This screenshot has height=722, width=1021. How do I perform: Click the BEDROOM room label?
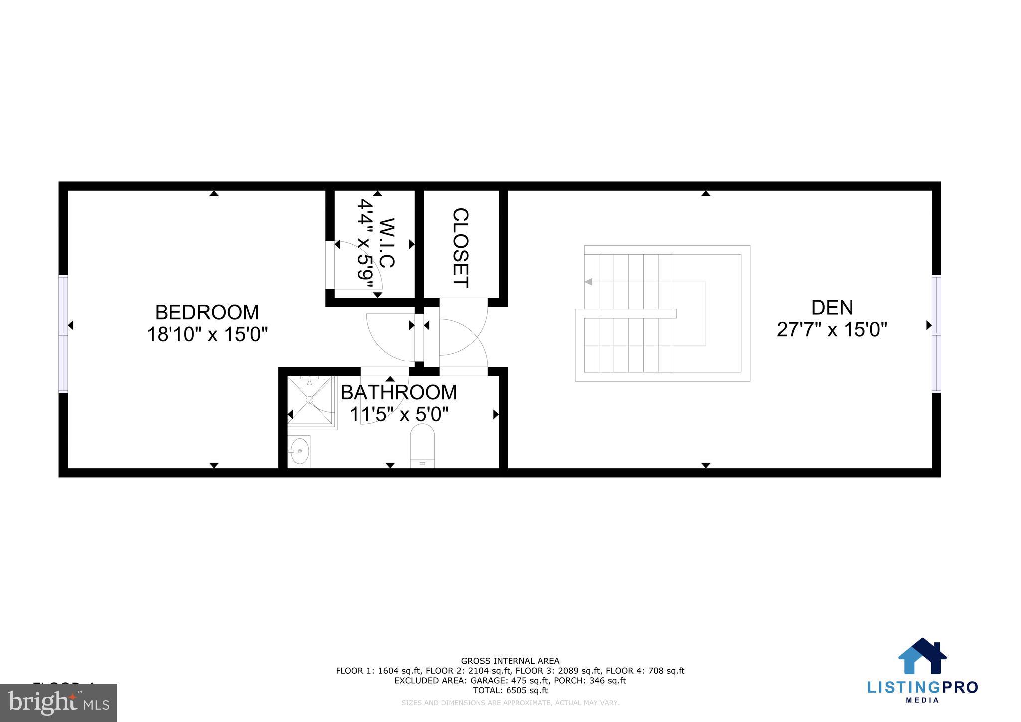point(207,313)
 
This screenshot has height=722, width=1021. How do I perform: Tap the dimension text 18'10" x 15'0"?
point(207,334)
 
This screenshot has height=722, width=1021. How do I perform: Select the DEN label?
point(832,308)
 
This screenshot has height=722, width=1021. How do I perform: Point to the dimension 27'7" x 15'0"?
point(832,330)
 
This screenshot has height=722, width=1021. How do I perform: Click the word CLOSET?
point(460,248)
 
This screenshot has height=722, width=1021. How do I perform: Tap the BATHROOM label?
point(399,392)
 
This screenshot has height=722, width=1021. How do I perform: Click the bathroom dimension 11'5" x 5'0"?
point(399,414)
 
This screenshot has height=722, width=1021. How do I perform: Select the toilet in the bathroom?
point(422,445)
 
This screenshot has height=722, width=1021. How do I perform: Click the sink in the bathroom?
point(299,451)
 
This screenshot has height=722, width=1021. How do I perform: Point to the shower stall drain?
point(310,400)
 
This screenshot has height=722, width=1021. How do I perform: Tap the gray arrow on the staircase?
point(588,282)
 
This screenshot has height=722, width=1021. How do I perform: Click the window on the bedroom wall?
point(63,334)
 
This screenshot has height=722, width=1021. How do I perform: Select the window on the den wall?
point(936,334)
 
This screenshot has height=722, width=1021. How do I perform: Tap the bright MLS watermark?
point(59,703)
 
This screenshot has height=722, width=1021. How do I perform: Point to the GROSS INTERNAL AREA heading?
point(510,661)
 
